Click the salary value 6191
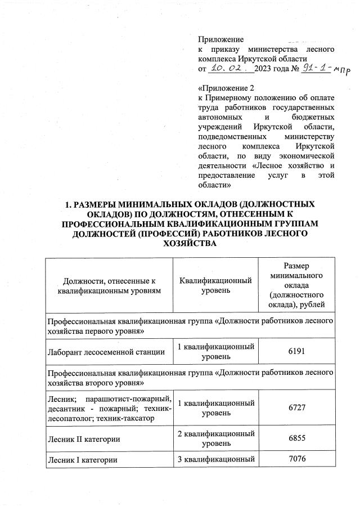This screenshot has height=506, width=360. (x=296, y=352)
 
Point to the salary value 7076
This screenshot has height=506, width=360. (x=296, y=460)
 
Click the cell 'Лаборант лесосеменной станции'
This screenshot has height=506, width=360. (x=105, y=352)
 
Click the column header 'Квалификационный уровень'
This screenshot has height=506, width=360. (x=215, y=285)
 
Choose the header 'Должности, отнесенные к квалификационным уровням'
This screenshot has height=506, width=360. (x=109, y=285)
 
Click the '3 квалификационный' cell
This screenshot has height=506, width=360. (x=215, y=460)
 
